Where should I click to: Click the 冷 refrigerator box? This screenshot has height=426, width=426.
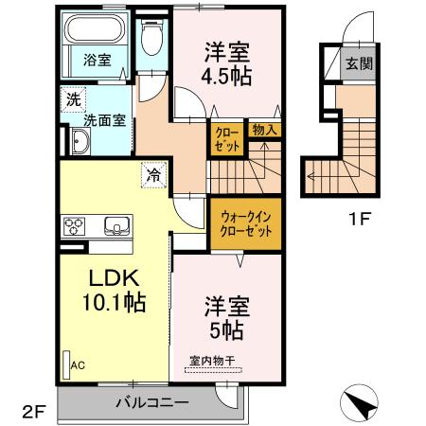coord(153,173)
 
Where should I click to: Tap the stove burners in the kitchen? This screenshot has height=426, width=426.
coord(75,225)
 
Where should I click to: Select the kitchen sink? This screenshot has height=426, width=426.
coord(116,225)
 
